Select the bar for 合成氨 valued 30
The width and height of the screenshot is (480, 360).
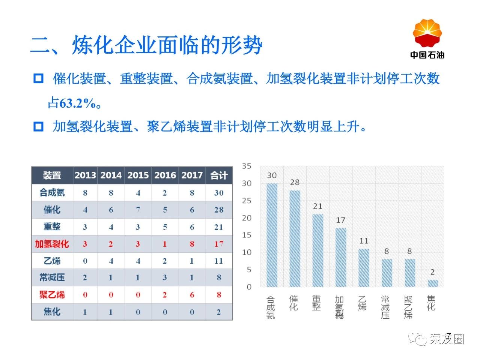(x=272, y=235)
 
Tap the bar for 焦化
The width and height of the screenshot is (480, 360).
(x=433, y=283)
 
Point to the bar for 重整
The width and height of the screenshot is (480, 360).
(x=318, y=250)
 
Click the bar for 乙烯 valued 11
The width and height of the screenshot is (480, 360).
(x=364, y=268)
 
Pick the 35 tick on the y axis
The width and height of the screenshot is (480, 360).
(x=247, y=166)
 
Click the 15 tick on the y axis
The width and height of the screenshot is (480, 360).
(x=247, y=235)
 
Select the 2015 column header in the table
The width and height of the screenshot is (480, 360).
(x=138, y=175)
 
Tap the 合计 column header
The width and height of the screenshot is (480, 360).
(x=219, y=175)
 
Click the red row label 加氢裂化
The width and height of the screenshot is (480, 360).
(x=52, y=244)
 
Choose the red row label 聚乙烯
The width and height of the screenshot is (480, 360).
(x=52, y=295)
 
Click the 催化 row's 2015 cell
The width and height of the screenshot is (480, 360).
(x=138, y=210)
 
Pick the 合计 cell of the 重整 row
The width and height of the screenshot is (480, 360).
(x=219, y=227)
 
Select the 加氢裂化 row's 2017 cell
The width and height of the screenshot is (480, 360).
(x=192, y=244)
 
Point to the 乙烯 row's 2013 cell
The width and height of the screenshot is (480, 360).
(x=85, y=261)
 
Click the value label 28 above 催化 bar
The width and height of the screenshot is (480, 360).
(x=295, y=182)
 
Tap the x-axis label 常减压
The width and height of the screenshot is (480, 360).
(x=385, y=307)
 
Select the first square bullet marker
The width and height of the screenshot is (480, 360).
(x=38, y=79)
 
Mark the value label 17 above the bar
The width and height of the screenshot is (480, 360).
(x=340, y=220)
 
